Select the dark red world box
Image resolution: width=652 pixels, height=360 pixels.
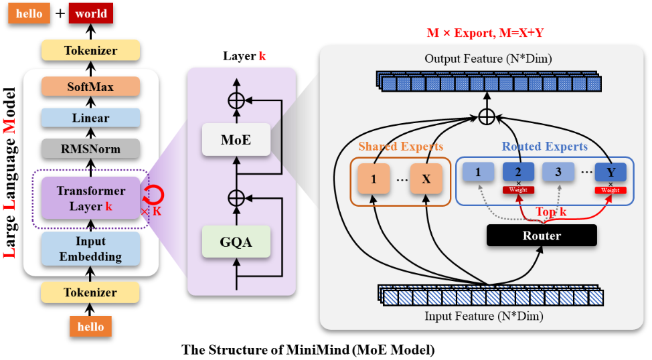coord(91,13)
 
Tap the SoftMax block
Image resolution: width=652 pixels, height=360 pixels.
coord(90,87)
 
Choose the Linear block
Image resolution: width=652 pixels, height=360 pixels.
coord(90,118)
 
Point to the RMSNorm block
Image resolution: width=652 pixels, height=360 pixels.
coord(90,149)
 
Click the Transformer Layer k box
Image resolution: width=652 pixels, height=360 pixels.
coord(90,198)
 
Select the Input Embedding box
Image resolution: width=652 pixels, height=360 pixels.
coord(90,248)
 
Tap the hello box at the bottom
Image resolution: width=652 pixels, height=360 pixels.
coord(90,327)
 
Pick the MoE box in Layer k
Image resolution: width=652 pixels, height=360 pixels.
coord(236,139)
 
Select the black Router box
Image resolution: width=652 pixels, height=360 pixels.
coord(542,235)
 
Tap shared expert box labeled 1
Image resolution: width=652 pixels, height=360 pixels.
coord(374,179)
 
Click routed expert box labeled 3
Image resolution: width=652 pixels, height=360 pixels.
coord(558,172)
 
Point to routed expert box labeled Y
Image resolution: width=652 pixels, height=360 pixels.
coord(610,172)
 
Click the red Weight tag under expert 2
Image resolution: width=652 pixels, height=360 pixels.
coord(518,190)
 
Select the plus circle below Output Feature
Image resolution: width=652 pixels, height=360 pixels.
coord(487,116)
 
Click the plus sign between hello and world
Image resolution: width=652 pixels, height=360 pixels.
coord(60,13)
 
